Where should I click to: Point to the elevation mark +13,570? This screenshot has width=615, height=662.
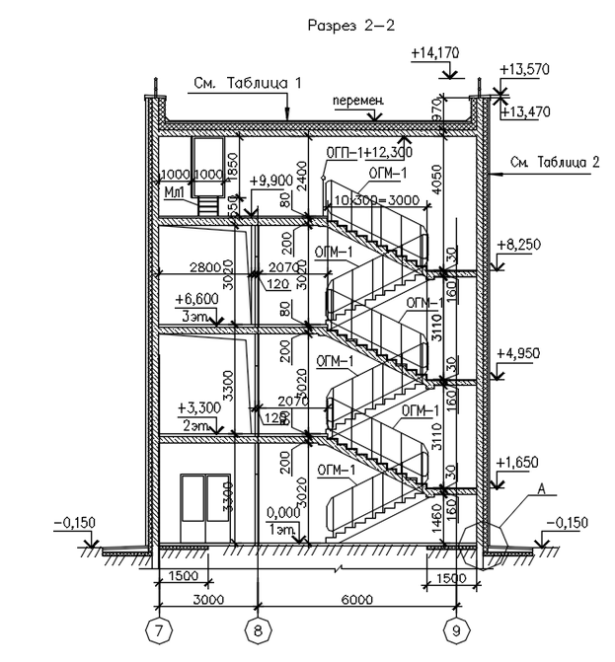524,70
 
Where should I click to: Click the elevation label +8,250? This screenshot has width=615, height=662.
518,243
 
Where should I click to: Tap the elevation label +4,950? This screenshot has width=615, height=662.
518,352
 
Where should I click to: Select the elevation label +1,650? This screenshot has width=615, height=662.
518,462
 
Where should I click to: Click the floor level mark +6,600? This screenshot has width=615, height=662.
196,297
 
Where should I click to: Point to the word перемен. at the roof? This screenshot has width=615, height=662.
357,102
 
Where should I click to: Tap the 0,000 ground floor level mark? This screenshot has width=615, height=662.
282,514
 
